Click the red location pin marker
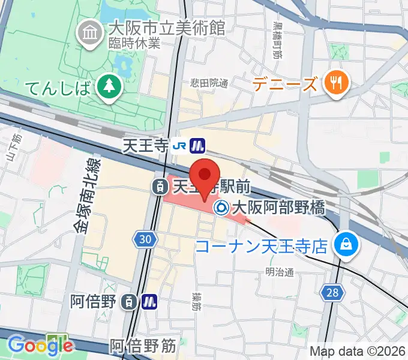pyautogui.click(x=205, y=175)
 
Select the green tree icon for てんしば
pyautogui.click(x=109, y=88)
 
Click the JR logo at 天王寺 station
pyautogui.click(x=179, y=145)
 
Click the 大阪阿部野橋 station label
pyautogui.click(x=278, y=208)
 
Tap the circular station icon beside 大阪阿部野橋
pyautogui.click(x=221, y=208)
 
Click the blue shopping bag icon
pyautogui.click(x=346, y=244)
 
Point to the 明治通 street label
pyautogui.click(x=280, y=273)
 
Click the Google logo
pyautogui.click(x=40, y=345)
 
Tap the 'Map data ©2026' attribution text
pyautogui.click(x=356, y=351)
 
